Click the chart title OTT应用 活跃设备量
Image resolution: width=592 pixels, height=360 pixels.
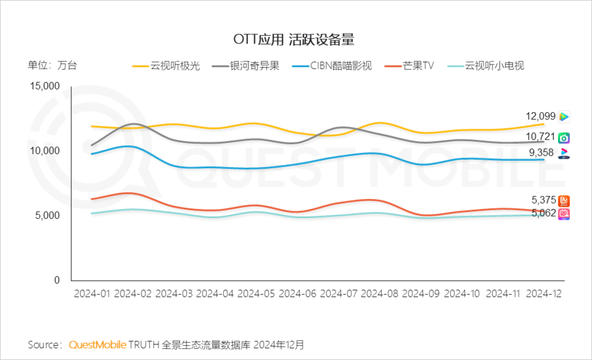point(294,39)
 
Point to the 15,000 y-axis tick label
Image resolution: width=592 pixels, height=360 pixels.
point(45,86)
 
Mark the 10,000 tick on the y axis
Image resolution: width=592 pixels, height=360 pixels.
point(45,151)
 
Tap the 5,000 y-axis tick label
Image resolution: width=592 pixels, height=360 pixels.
point(47,215)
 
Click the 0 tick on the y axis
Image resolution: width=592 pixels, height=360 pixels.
point(57,280)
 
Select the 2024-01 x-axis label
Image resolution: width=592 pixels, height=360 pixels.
point(92,294)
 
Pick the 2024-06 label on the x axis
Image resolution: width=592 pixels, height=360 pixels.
point(298,294)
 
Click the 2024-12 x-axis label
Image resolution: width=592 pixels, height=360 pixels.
point(544,294)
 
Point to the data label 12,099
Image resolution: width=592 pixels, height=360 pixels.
point(540,116)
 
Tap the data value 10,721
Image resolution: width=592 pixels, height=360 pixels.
point(540,136)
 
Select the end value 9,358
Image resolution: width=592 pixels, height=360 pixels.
point(541,153)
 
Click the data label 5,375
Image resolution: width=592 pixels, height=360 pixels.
point(543,200)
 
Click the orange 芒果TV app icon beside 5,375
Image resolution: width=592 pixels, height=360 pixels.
point(564,201)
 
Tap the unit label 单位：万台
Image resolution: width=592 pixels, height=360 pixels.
point(52,65)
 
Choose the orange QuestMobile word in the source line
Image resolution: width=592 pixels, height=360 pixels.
point(97,345)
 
